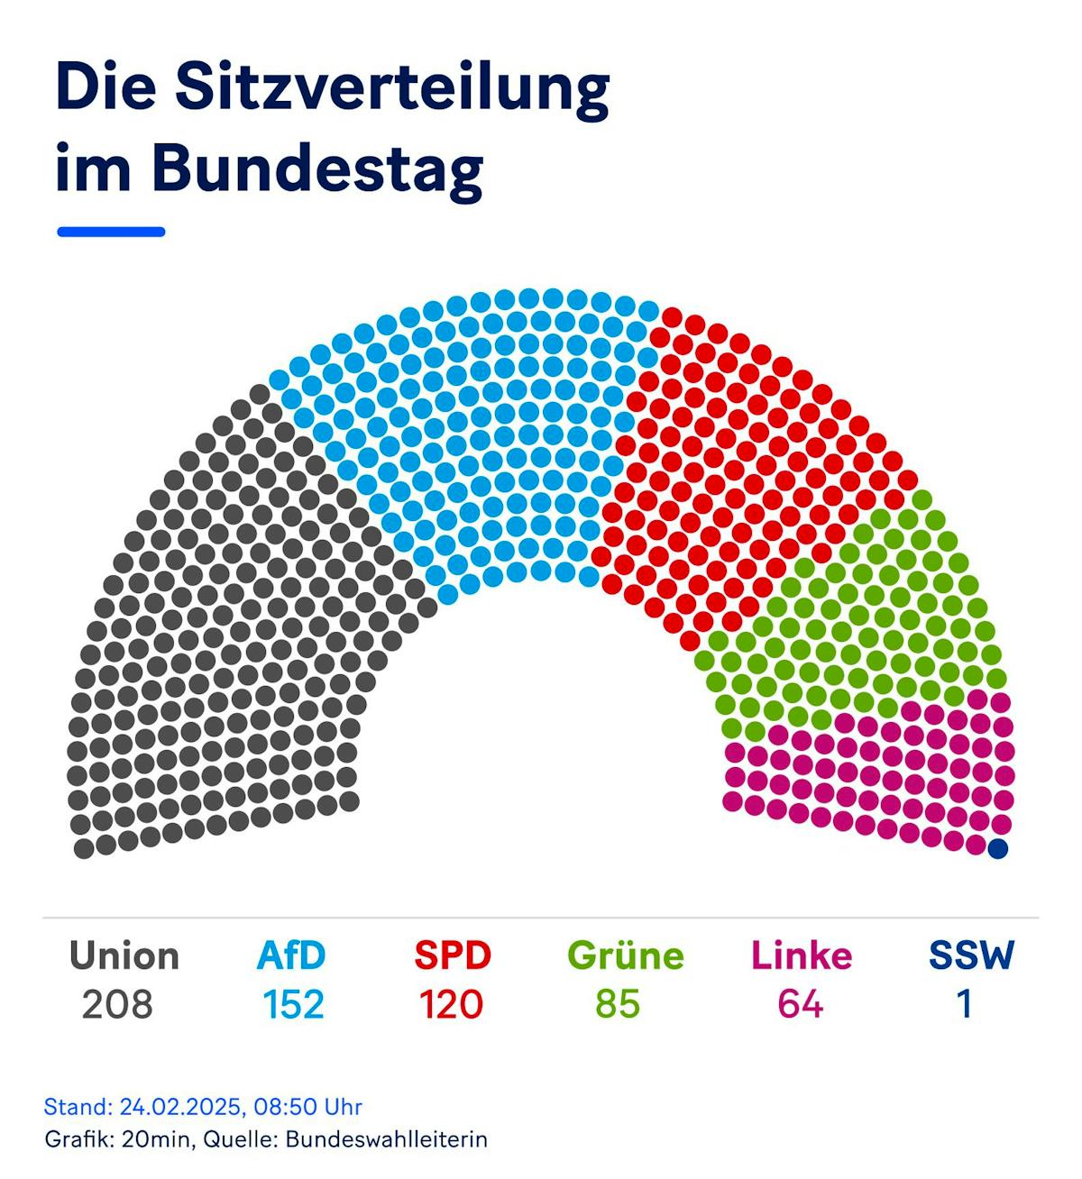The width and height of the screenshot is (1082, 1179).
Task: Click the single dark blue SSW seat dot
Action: (997, 848)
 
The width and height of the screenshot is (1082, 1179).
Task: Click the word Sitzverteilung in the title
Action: (392, 88)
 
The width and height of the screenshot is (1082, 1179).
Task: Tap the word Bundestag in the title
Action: (316, 169)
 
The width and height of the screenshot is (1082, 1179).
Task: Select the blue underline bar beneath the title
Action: (111, 232)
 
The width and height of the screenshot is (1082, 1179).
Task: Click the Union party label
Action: (124, 955)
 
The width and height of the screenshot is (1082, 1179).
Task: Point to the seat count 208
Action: (117, 1004)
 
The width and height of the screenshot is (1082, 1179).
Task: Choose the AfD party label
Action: (291, 955)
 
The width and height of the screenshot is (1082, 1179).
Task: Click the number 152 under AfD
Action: (293, 1004)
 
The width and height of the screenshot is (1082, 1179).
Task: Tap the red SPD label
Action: (453, 955)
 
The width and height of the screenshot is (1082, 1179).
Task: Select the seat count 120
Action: (451, 1004)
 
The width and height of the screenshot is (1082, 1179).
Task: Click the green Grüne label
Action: (626, 955)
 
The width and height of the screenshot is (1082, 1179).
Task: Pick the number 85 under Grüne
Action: (618, 1004)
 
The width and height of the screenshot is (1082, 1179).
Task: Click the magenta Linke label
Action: (802, 955)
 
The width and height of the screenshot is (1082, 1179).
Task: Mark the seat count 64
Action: (801, 1004)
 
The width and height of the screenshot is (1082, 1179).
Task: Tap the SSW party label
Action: (971, 955)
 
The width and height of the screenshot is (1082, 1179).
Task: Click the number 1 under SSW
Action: (965, 1004)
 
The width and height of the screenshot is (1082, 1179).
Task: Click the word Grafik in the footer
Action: (76, 1139)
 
